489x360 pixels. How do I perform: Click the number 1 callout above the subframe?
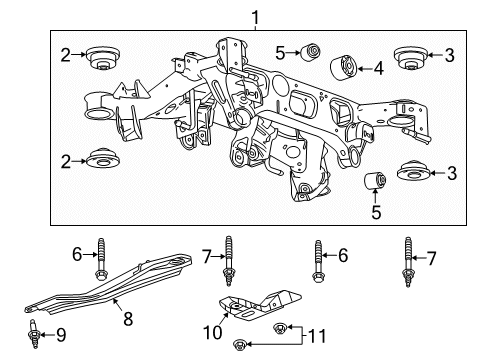pyautogui.click(x=255, y=16)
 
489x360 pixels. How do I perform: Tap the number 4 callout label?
pyautogui.click(x=379, y=69)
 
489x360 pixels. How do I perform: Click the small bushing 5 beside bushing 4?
pyautogui.click(x=310, y=50)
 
